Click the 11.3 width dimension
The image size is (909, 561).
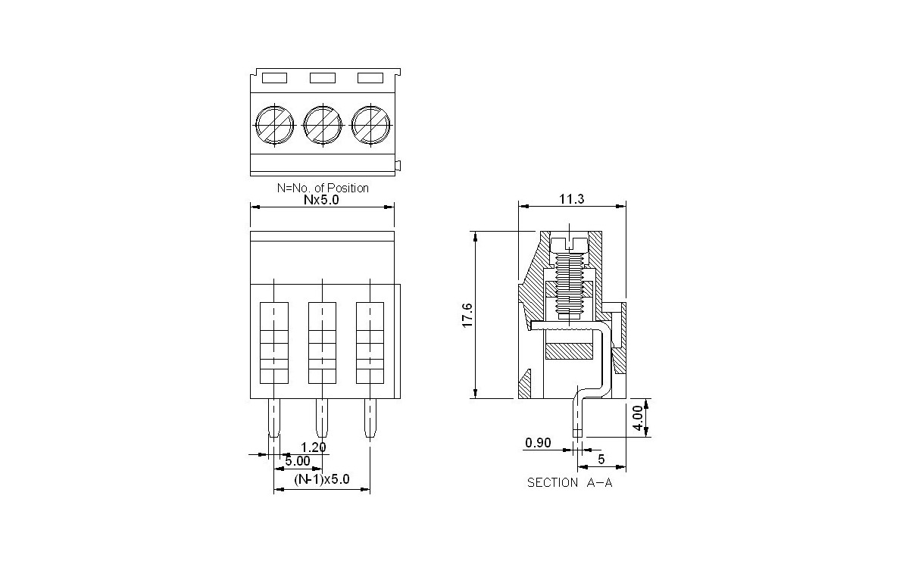(x=572, y=199)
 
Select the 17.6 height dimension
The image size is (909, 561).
(x=467, y=314)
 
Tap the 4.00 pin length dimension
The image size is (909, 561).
(x=639, y=417)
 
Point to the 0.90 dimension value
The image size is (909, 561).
(x=538, y=443)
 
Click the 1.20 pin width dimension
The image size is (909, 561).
(x=313, y=447)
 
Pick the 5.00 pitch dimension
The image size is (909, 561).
(x=297, y=460)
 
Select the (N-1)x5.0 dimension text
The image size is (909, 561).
(x=322, y=479)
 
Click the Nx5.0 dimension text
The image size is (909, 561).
(x=322, y=201)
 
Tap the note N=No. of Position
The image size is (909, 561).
(x=323, y=188)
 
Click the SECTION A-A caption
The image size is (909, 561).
(x=570, y=483)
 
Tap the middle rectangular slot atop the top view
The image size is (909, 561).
(x=322, y=77)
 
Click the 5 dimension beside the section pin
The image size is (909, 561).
(x=601, y=459)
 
